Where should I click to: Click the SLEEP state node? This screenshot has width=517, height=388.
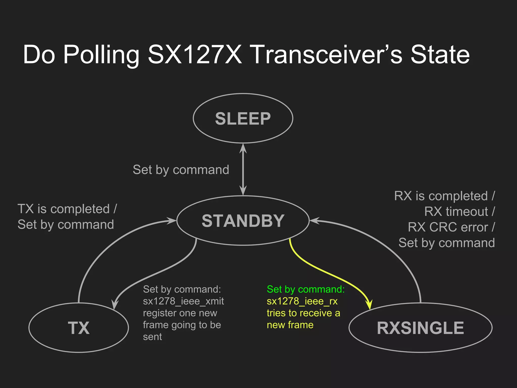tap(243, 118)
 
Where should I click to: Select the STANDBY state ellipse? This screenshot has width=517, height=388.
tap(243, 221)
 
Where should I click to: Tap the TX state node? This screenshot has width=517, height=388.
tap(79, 328)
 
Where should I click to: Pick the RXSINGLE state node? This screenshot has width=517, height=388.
tap(420, 328)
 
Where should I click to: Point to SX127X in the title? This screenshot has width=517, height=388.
tap(195, 54)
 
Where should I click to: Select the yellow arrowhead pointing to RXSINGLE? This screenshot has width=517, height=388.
tap(369, 304)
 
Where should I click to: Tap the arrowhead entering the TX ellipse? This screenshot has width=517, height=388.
tap(115, 304)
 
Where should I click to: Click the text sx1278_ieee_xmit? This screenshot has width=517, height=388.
tap(183, 301)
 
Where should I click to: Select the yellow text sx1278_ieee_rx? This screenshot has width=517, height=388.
tap(302, 301)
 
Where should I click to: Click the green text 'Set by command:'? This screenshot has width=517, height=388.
tap(306, 289)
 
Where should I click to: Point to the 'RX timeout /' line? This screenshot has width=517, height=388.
tap(459, 211)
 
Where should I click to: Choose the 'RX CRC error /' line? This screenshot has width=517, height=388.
tap(451, 227)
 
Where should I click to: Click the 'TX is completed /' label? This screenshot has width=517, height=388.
tap(67, 209)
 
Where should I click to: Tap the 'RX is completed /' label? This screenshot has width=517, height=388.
tap(445, 196)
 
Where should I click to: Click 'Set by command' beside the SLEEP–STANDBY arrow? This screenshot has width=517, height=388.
tap(181, 170)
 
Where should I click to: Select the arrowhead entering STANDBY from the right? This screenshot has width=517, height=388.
tap(314, 221)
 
